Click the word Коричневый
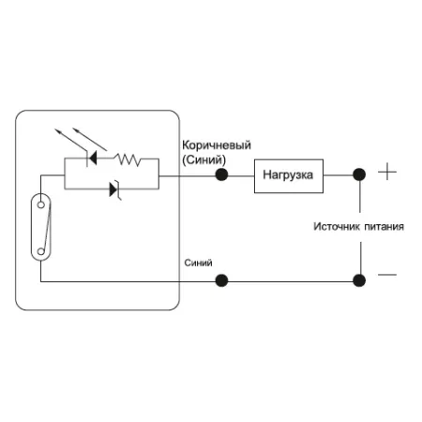click(x=217, y=145)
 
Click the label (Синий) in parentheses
click(x=203, y=160)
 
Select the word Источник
click(x=337, y=226)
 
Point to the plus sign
click(x=387, y=172)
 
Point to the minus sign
click(x=387, y=275)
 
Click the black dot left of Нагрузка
click(x=221, y=174)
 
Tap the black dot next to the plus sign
click(x=359, y=174)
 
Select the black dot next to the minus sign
click(x=359, y=280)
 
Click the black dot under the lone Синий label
click(x=221, y=280)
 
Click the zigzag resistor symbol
click(x=128, y=159)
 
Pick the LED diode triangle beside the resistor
click(x=93, y=158)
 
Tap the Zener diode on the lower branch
click(x=114, y=189)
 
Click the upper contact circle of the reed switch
click(x=41, y=205)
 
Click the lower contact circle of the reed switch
click(x=41, y=251)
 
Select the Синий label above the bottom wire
click(x=198, y=263)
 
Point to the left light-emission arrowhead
click(x=57, y=131)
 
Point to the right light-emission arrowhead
click(x=75, y=129)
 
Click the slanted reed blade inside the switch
click(x=47, y=228)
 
